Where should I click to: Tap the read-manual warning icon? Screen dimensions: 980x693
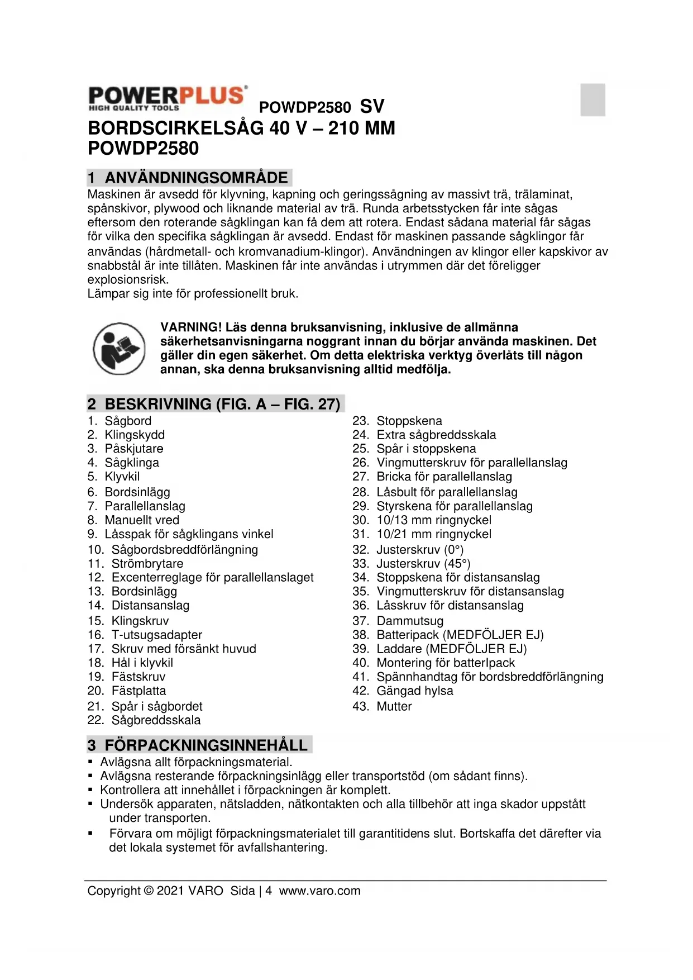pos(119,349)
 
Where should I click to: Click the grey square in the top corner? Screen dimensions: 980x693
pos(592,100)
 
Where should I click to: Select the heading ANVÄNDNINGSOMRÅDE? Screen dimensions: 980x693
pos(196,178)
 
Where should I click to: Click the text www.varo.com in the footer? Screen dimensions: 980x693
pos(320,891)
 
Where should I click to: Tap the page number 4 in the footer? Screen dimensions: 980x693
pos(269,891)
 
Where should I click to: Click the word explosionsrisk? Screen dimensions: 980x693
pos(128,279)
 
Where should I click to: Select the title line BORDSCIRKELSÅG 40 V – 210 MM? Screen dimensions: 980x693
pos(241,128)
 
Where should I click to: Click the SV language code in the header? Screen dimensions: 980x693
pos(372,106)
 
